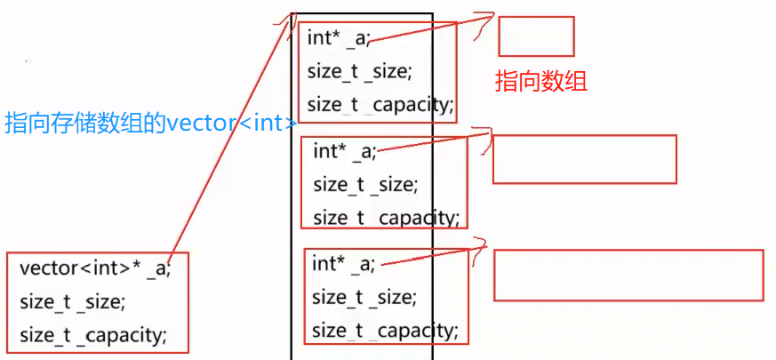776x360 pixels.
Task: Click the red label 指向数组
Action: point(540,82)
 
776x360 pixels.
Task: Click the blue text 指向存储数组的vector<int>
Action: point(151,123)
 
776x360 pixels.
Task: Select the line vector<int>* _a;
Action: point(94,268)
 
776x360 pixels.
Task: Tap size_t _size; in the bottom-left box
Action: point(72,301)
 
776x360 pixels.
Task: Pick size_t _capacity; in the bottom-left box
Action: point(92,335)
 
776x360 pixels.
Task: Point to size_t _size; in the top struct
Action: point(360,71)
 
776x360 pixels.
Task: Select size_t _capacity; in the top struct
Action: point(380,105)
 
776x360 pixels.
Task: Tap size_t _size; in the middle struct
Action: point(365,185)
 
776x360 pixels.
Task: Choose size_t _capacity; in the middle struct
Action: point(386,217)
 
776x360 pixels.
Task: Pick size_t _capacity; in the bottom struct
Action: point(385,332)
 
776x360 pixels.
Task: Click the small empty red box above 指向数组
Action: point(536,36)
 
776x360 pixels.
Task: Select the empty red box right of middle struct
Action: point(584,159)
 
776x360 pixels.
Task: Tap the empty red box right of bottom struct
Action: point(628,275)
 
